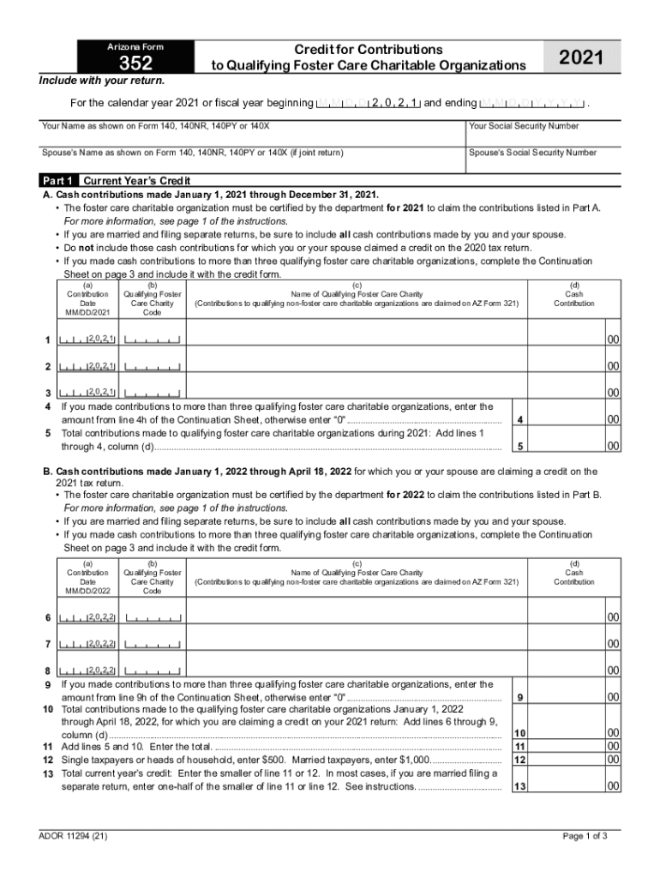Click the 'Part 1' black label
tap(59, 181)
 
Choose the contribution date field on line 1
tap(87, 340)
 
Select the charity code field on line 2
tap(153, 367)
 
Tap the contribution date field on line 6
tap(87, 617)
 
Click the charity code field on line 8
tap(153, 671)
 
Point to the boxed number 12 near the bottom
tap(519, 760)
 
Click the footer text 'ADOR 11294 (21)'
tap(74, 836)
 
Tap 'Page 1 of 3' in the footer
tap(585, 836)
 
